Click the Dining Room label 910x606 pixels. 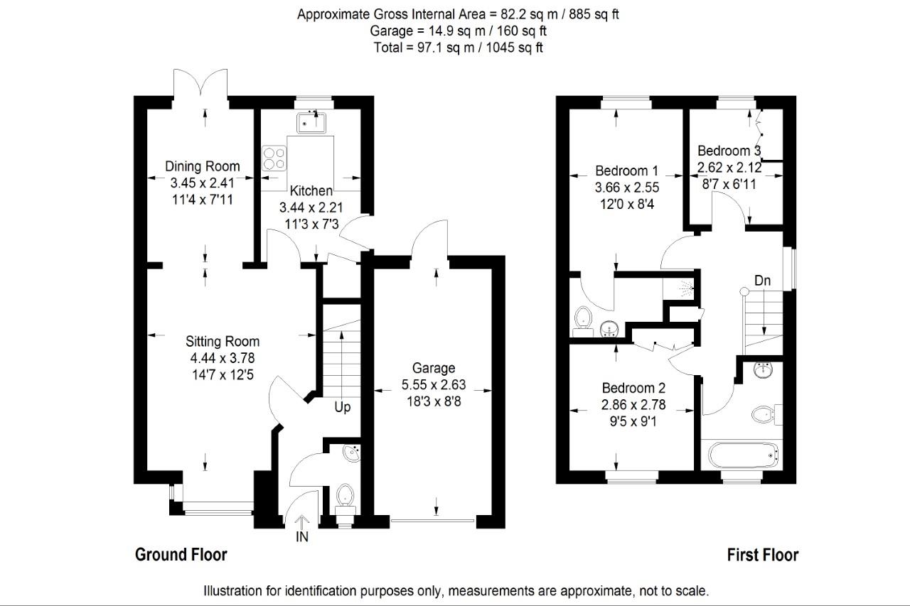tap(203, 166)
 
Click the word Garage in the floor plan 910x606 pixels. tap(434, 368)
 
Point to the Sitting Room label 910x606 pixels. tap(223, 341)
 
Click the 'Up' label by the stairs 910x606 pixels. tap(343, 408)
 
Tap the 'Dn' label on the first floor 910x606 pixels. tap(762, 281)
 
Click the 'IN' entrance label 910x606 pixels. tap(302, 537)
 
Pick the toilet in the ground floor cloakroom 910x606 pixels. tap(345, 494)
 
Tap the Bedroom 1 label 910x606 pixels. tap(626, 171)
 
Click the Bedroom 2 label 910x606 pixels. tap(633, 388)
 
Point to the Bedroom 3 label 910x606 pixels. tap(729, 151)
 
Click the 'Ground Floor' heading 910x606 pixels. tap(181, 555)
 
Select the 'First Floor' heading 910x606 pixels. tap(763, 555)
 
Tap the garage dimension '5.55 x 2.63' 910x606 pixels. tap(434, 384)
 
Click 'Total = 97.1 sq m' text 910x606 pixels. tap(459, 48)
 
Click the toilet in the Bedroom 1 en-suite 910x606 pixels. tap(584, 315)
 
